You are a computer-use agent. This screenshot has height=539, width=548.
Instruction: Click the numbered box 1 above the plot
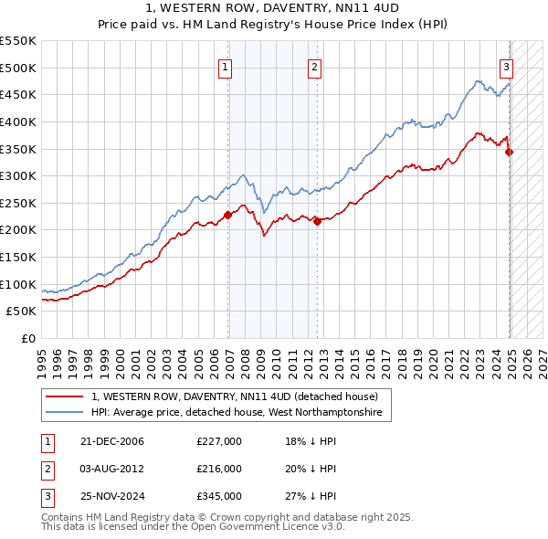coord(226,66)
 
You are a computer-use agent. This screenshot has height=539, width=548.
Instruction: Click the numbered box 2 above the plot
coord(314,66)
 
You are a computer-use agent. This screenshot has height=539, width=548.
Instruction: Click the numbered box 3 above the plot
coord(506,66)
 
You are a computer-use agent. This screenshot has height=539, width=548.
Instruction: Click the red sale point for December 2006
coord(228,215)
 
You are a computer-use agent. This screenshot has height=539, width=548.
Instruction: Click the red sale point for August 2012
coord(317,221)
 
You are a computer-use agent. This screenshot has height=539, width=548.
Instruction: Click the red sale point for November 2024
coord(510,152)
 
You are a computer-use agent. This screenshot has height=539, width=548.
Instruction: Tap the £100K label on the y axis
coord(21,284)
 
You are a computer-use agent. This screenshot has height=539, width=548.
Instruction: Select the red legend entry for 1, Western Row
coord(241,397)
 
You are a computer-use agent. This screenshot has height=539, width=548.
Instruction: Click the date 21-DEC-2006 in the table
coord(113,441)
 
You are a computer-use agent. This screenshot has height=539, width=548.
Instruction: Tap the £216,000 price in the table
coord(219,469)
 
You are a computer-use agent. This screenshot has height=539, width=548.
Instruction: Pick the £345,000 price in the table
coord(219,496)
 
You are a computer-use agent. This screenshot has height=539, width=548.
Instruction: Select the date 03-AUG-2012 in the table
coord(113,469)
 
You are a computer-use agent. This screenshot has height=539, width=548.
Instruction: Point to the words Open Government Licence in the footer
coord(276,527)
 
